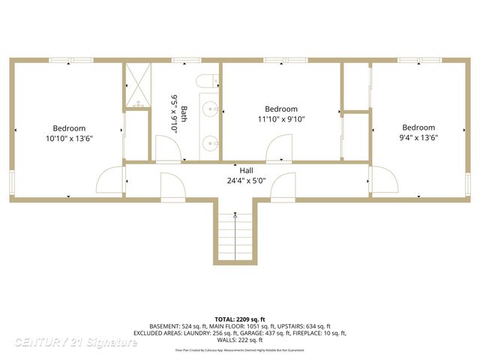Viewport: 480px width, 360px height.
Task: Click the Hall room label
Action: click(246, 170)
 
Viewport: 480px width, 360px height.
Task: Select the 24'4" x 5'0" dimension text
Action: click(246, 181)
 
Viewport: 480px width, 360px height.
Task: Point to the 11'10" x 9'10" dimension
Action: click(281, 119)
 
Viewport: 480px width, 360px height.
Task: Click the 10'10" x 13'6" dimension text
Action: click(69, 138)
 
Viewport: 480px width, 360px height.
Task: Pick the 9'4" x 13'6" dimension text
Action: click(418, 137)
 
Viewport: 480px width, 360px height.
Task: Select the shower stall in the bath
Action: click(137, 86)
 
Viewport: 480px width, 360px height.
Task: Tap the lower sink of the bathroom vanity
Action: click(211, 140)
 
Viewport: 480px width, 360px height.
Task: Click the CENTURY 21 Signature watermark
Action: click(76, 343)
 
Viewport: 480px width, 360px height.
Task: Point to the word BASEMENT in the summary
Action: click(165, 327)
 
